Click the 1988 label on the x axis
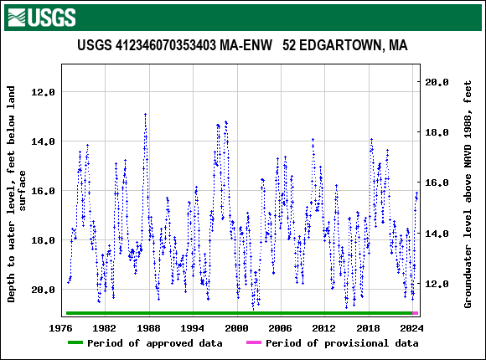pyautogui.click(x=149, y=328)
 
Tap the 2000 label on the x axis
pyautogui.click(x=236, y=328)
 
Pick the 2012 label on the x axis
pyautogui.click(x=323, y=328)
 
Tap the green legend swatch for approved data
pyautogui.click(x=75, y=343)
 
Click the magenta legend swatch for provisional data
pyautogui.click(x=253, y=343)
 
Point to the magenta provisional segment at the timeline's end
pyautogui.click(x=416, y=313)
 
